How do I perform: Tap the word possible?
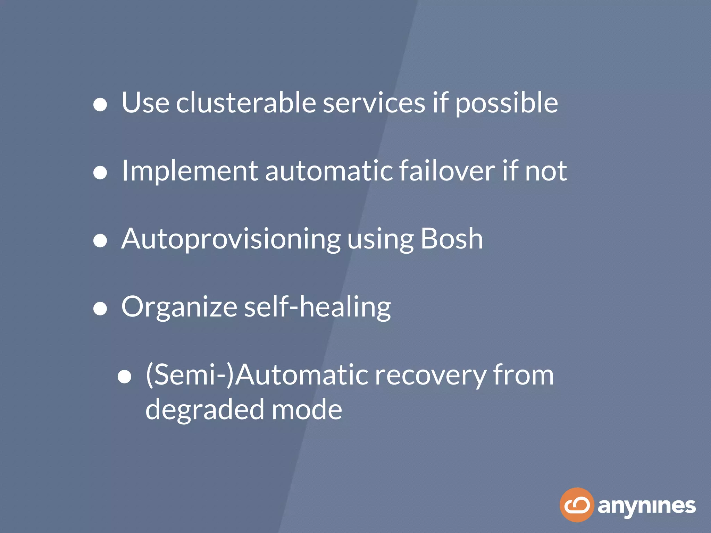tap(507, 103)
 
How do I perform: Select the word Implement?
tap(190, 171)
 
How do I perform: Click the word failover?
tap(447, 171)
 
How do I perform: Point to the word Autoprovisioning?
tap(231, 239)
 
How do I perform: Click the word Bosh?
tap(452, 239)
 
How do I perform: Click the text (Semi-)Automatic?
tap(257, 375)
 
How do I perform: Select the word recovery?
tap(430, 375)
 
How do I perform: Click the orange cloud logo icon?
tap(577, 505)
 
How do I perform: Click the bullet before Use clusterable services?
tap(100, 104)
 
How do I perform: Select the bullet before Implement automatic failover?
tap(100, 172)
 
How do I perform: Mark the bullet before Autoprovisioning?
tap(100, 240)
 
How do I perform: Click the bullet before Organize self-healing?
tap(100, 308)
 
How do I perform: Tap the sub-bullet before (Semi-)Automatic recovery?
tap(124, 377)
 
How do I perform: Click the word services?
tap(374, 103)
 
